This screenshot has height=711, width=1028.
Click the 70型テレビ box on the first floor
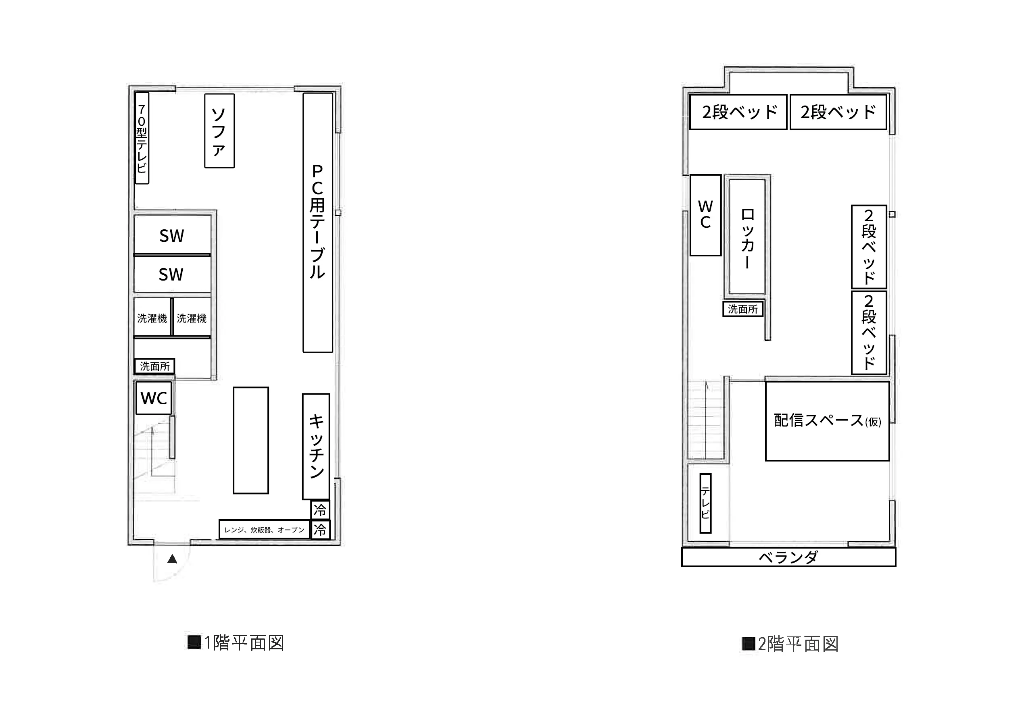coord(142,138)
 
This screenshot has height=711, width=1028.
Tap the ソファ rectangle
coord(219,131)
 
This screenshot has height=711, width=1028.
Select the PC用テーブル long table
coord(318,222)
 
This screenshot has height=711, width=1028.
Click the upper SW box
coord(172,235)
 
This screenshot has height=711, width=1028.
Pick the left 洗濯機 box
coord(152,317)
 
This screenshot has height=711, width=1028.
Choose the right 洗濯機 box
coord(192,317)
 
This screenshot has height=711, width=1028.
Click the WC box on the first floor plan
coord(154,398)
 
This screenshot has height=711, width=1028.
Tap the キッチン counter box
coord(316,446)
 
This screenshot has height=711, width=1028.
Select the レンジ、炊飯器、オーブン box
coord(264,529)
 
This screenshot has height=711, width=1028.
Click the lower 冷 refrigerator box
coord(320,530)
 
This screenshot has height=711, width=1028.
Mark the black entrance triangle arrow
coord(172,559)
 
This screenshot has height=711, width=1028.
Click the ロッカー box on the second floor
coord(748,237)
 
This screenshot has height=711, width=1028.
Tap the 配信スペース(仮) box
coord(828,420)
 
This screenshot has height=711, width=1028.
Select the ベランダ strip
coord(788,557)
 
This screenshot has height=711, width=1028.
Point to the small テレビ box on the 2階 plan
coord(705,503)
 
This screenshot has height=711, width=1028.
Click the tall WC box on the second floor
coord(705,215)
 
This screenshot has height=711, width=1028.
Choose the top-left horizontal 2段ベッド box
coord(738,112)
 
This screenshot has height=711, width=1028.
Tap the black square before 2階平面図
coord(749,644)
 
